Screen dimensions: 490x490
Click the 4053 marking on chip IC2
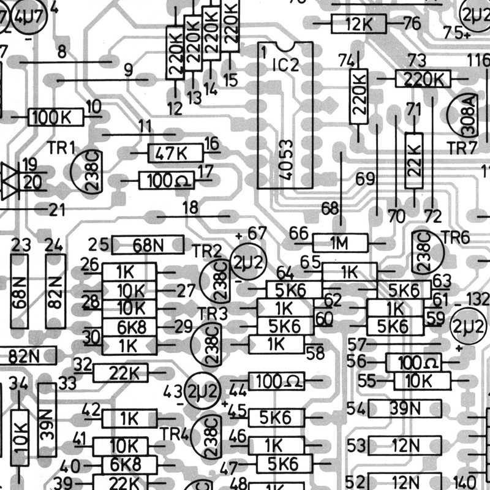pyautogui.click(x=286, y=160)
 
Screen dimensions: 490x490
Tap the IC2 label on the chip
pyautogui.click(x=285, y=65)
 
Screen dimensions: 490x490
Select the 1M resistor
pyautogui.click(x=340, y=243)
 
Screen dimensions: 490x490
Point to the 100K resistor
pyautogui.click(x=56, y=117)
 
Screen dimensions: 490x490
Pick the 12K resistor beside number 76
pyautogui.click(x=359, y=24)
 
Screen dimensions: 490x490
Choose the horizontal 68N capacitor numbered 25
pyautogui.click(x=148, y=245)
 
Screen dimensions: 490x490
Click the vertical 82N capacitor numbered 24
pyautogui.click(x=56, y=292)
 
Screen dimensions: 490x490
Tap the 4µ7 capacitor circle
pyautogui.click(x=29, y=17)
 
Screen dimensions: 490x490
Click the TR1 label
pyautogui.click(x=61, y=148)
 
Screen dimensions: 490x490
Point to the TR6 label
pyautogui.click(x=456, y=238)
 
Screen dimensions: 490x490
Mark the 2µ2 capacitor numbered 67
pyautogui.click(x=248, y=262)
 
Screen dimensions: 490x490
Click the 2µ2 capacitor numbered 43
pyautogui.click(x=203, y=391)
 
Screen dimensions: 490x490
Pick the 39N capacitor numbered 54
pyautogui.click(x=405, y=409)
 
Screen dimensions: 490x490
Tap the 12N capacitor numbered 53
pyautogui.click(x=405, y=446)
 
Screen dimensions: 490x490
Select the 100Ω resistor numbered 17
pyautogui.click(x=167, y=181)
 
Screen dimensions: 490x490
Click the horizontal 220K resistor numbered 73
pyautogui.click(x=423, y=79)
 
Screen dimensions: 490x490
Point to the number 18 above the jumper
pyautogui.click(x=190, y=207)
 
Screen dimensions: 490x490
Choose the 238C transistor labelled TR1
pyautogui.click(x=87, y=172)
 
